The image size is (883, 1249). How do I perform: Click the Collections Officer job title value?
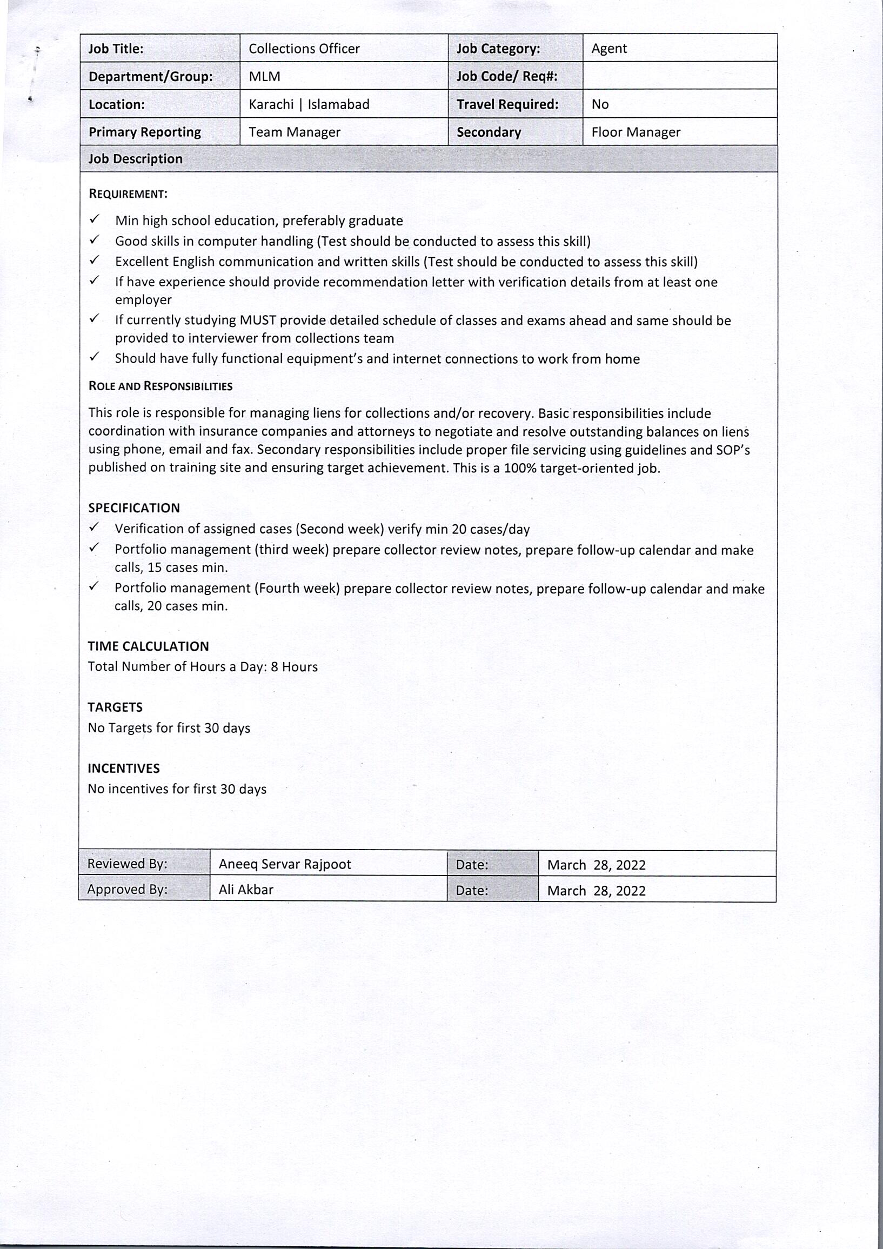tap(304, 49)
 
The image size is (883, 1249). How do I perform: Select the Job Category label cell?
tap(498, 49)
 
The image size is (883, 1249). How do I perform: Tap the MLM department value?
tap(264, 77)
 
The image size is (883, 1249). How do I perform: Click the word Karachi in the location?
tap(271, 104)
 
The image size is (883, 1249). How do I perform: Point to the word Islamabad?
tap(338, 104)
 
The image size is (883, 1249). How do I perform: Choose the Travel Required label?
tap(507, 104)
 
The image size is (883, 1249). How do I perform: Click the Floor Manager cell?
tap(636, 132)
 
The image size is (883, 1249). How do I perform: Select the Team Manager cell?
tap(295, 132)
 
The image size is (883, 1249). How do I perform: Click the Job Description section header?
tap(136, 159)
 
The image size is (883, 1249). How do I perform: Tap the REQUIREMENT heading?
tap(128, 194)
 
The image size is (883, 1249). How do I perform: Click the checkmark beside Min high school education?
tap(95, 219)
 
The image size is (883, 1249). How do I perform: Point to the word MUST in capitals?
tap(258, 320)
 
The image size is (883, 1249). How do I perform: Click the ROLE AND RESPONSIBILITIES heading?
tap(160, 386)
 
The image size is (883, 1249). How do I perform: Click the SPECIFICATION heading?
tap(134, 508)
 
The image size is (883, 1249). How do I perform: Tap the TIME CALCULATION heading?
tap(149, 646)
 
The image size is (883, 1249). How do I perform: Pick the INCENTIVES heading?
tap(124, 768)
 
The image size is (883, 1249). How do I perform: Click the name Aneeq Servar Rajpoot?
tap(285, 864)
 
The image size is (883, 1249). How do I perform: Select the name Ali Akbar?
tap(246, 890)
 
